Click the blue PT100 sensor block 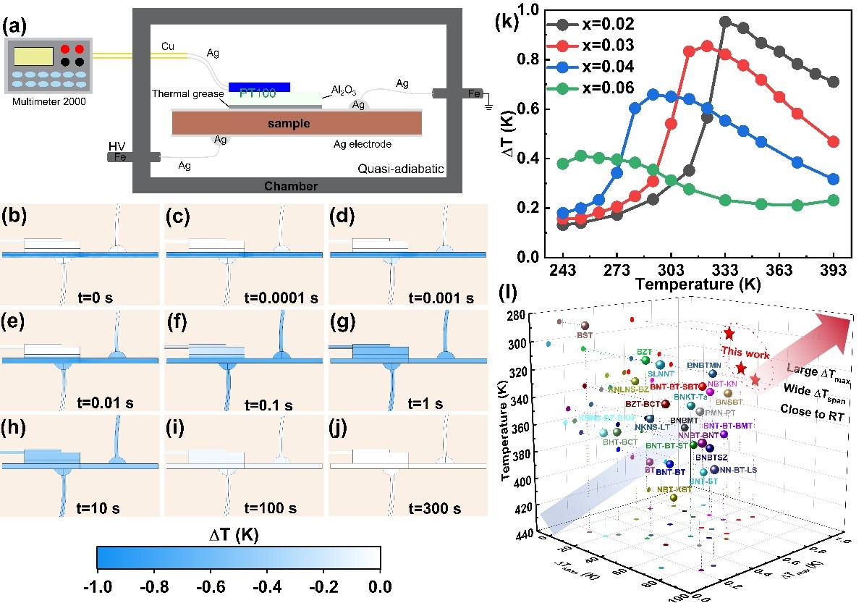click(x=259, y=87)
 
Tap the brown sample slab click(x=297, y=124)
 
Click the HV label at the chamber click(x=117, y=144)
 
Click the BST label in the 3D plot click(x=584, y=335)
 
